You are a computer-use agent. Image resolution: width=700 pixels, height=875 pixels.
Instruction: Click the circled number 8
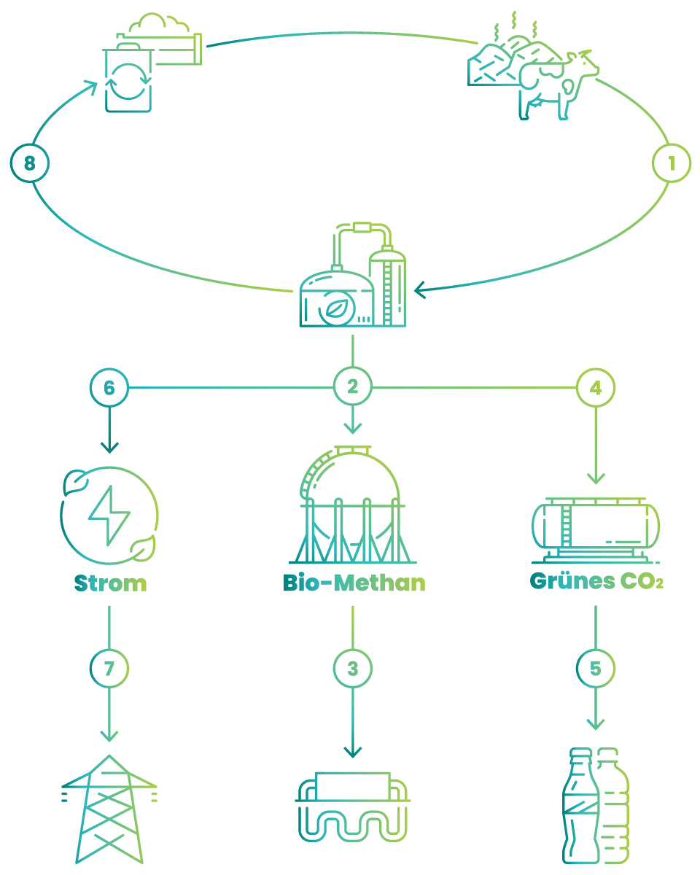(30, 163)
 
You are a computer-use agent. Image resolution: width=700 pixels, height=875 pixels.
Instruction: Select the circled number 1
(671, 163)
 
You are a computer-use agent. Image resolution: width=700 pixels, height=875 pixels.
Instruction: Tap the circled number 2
(352, 386)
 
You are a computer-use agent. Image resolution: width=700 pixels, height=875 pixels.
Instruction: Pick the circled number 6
(109, 387)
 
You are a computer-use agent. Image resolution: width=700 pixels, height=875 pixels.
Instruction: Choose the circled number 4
(596, 387)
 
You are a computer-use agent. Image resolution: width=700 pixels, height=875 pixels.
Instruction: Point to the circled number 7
(109, 669)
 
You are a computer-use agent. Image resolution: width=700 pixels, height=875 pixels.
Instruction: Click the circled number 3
(352, 669)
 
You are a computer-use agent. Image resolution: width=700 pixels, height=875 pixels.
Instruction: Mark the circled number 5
(596, 669)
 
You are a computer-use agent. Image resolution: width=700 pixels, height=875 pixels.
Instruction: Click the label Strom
(110, 583)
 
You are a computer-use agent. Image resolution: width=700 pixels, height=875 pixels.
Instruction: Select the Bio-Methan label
(354, 583)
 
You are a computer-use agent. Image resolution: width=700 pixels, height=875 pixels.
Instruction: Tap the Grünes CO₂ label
(596, 581)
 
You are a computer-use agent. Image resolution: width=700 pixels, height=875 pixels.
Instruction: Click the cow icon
(558, 85)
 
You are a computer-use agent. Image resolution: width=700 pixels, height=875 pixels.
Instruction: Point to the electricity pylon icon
(109, 809)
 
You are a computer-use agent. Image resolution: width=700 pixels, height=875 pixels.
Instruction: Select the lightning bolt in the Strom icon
(109, 516)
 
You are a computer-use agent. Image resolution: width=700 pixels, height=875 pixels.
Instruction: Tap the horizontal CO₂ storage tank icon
(596, 530)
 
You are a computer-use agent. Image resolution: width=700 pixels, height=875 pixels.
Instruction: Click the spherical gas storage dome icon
(352, 504)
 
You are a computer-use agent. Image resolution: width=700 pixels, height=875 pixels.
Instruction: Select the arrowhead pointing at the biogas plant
(421, 290)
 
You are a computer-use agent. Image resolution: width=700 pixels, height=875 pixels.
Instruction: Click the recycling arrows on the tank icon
(128, 82)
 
